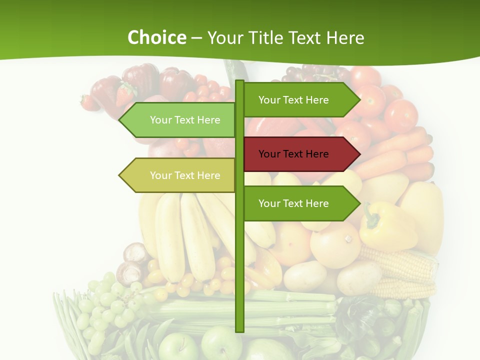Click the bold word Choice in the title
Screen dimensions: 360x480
coord(156,37)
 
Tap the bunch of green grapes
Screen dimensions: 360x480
coord(107,305)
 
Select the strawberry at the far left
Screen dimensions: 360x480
coord(89,102)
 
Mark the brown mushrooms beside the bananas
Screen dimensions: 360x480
coord(132,262)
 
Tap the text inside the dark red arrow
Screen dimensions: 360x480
coord(293,154)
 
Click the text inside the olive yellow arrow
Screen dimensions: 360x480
coord(185,175)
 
